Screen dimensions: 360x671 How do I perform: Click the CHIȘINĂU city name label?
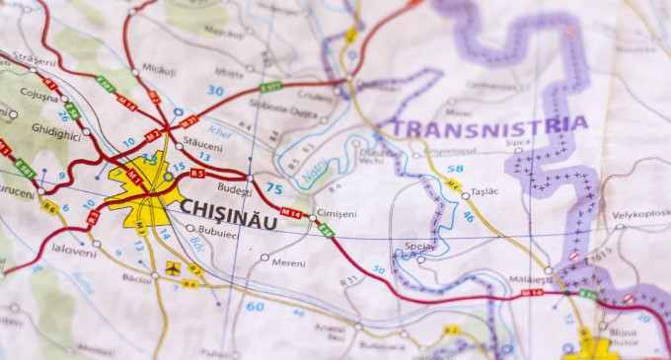pos(228,208)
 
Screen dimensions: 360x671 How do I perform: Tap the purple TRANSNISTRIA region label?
pos(489,125)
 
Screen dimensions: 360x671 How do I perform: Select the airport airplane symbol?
pos(174,267)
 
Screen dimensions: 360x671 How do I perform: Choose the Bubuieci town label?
pos(218,236)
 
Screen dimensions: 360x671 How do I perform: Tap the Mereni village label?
pos(288,263)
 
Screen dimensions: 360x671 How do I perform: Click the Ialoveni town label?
pos(74,251)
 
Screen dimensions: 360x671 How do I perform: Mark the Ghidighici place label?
pos(55,129)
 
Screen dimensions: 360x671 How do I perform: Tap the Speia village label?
pos(418,246)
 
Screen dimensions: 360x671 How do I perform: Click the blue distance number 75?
pos(273,189)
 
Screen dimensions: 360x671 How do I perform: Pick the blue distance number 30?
pos(215,91)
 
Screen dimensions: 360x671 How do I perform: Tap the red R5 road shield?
pos(196,174)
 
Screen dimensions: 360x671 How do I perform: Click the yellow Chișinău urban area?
pos(143,187)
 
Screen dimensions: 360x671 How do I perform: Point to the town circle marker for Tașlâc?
pos(466,196)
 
